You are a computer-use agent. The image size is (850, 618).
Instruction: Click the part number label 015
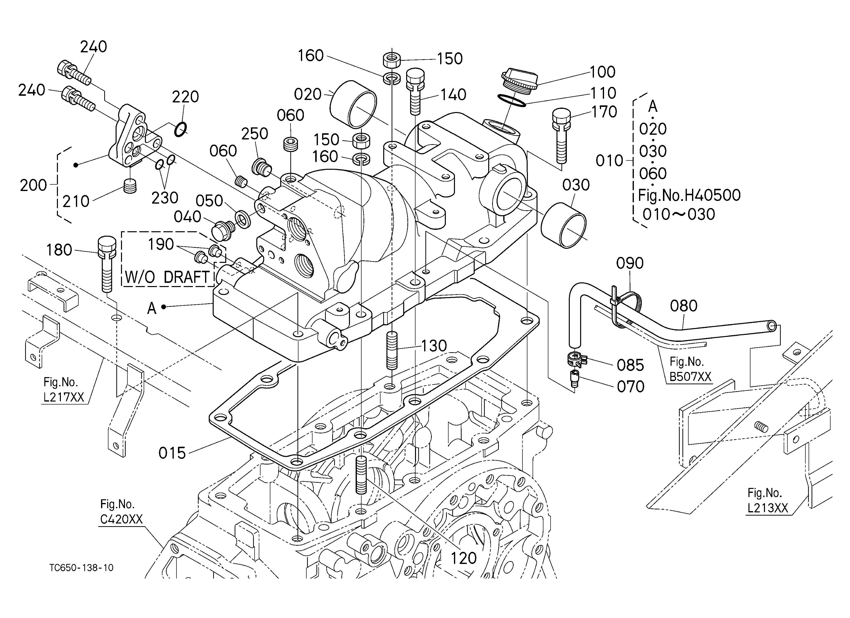pos(172,453)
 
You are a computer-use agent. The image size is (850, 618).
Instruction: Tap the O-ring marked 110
pos(512,100)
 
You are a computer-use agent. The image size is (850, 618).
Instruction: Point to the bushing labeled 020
pos(353,104)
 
